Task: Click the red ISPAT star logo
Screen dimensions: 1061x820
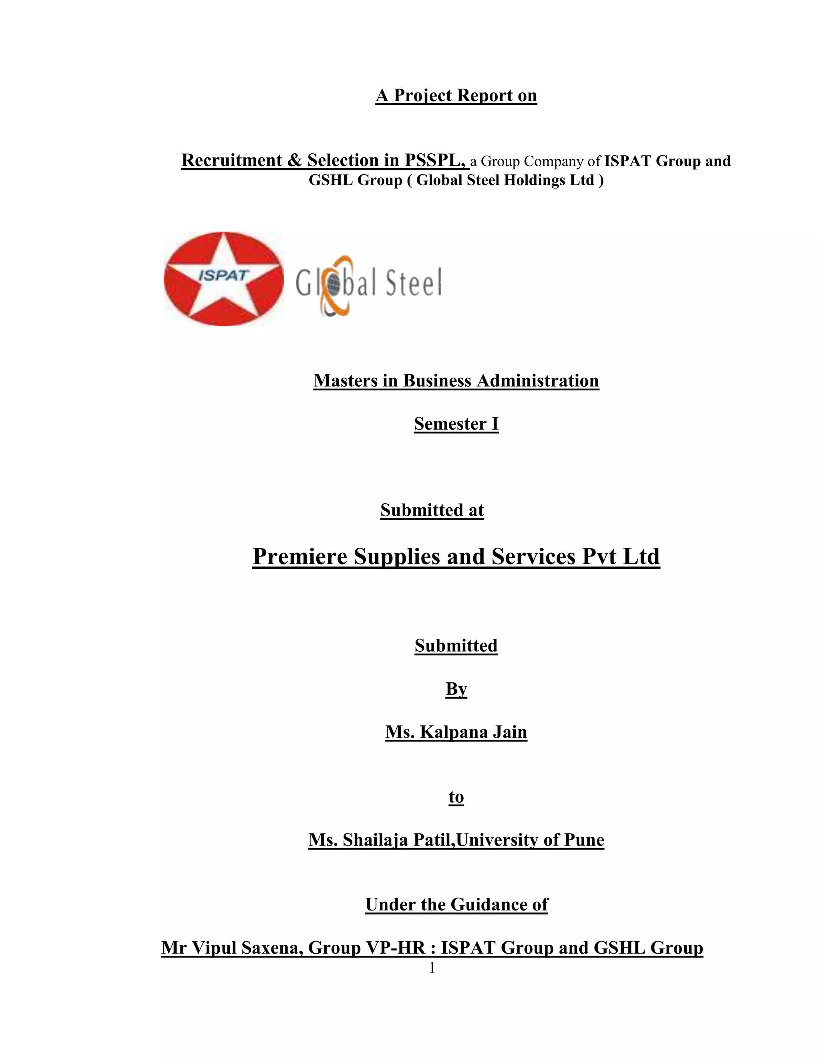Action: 223,278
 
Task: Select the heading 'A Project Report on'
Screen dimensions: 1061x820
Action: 456,96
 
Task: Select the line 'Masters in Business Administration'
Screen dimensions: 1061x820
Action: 456,380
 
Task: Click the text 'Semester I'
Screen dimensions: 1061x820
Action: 456,424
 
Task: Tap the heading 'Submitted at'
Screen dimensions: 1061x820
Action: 432,510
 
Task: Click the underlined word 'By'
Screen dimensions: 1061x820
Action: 456,689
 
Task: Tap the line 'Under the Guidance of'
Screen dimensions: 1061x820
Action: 456,904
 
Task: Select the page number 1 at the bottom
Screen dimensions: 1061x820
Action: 432,968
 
